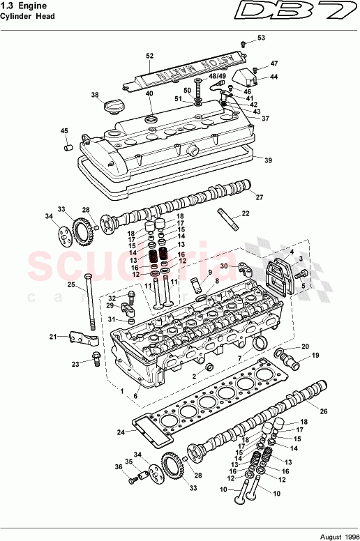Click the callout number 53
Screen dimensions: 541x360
click(x=261, y=38)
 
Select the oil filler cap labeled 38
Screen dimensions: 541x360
click(x=112, y=108)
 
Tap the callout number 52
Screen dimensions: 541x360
click(x=149, y=55)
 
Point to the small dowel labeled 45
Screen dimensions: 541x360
click(x=68, y=147)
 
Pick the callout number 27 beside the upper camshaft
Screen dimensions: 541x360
click(x=260, y=197)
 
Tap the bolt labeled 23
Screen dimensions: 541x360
click(x=96, y=361)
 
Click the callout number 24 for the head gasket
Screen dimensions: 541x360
click(x=121, y=432)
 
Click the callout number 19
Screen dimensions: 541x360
click(x=314, y=356)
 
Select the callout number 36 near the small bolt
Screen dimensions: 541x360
click(x=118, y=467)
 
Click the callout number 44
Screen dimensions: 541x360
click(x=273, y=77)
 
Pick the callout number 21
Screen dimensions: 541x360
click(x=52, y=337)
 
